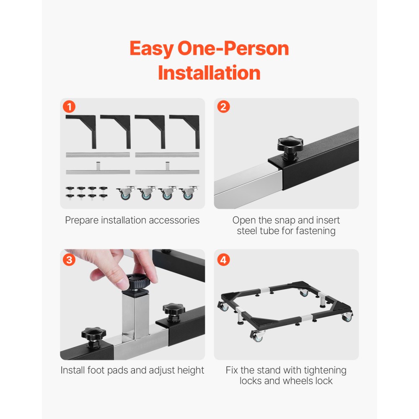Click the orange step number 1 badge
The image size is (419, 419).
pyautogui.click(x=69, y=107)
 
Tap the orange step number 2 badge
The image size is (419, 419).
pyautogui.click(x=223, y=107)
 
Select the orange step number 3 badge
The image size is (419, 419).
pyautogui.click(x=69, y=260)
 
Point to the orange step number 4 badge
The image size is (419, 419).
pyautogui.click(x=223, y=260)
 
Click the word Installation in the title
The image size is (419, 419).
pyautogui.click(x=209, y=73)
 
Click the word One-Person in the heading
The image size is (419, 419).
pyautogui.click(x=233, y=49)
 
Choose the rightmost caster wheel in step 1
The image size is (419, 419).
pyautogui.click(x=189, y=193)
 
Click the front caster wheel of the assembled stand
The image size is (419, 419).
pyautogui.click(x=259, y=336)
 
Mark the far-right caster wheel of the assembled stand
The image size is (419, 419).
pyautogui.click(x=347, y=317)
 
